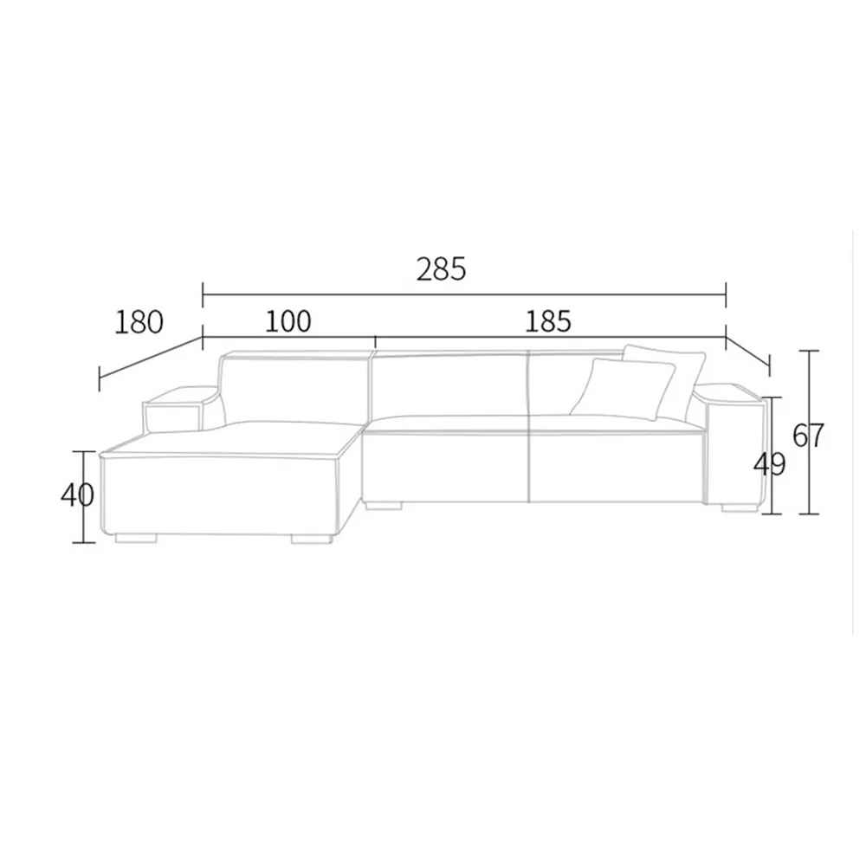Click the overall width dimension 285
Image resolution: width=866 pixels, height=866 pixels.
(x=441, y=270)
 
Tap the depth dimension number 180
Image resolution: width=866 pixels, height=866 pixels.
(x=139, y=322)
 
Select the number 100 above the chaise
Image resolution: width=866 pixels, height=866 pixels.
(x=288, y=321)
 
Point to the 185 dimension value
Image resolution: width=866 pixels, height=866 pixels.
(x=548, y=321)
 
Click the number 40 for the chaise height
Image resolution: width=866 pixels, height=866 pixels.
(x=77, y=495)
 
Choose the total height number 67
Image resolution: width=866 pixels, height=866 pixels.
(x=808, y=435)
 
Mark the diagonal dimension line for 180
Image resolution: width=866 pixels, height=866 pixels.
(x=151, y=357)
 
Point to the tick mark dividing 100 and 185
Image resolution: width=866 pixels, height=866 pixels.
(x=374, y=338)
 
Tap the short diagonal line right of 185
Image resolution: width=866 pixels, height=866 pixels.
(x=747, y=352)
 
